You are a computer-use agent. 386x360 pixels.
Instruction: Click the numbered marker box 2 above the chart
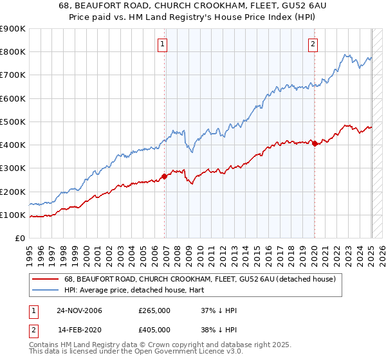coord(312,44)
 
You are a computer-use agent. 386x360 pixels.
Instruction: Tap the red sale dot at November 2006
coord(165,176)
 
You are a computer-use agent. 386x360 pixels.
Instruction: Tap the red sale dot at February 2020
coord(315,144)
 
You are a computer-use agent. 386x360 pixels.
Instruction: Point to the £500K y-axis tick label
coord(12,122)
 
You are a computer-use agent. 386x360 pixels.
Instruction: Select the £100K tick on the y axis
coord(12,215)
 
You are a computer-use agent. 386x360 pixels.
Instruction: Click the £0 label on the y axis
coord(19,238)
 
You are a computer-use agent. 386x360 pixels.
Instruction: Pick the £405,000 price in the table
coord(154,330)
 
